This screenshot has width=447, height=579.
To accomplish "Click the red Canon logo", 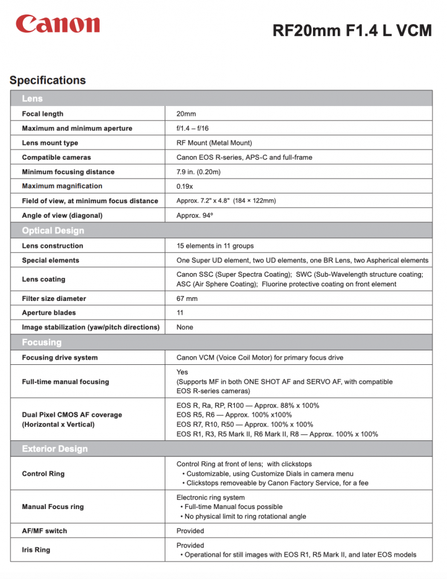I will click(58, 24).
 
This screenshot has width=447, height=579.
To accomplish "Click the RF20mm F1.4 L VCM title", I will click(352, 30).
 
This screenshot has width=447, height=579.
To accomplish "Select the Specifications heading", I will click(48, 80).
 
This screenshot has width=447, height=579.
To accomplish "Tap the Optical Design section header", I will click(53, 230).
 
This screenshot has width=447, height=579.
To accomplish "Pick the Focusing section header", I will click(42, 342).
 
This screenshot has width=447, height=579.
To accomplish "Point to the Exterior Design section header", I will click(55, 449).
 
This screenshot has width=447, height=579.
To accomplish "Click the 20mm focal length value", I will click(186, 114).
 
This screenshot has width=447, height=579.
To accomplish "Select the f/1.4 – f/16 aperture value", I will click(192, 128).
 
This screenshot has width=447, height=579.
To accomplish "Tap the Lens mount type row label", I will click(50, 143).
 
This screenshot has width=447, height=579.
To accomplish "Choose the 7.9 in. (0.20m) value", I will click(198, 172).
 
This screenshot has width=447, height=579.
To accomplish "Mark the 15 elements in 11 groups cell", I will click(215, 246).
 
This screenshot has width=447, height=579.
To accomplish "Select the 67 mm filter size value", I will click(187, 299).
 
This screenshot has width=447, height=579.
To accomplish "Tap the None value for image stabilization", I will click(185, 327).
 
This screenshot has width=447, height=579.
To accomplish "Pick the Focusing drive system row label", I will click(60, 358).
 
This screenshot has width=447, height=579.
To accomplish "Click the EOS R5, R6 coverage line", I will click(234, 415).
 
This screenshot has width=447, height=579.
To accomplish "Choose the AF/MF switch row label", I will click(45, 531).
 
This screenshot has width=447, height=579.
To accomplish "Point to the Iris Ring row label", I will click(36, 550).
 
